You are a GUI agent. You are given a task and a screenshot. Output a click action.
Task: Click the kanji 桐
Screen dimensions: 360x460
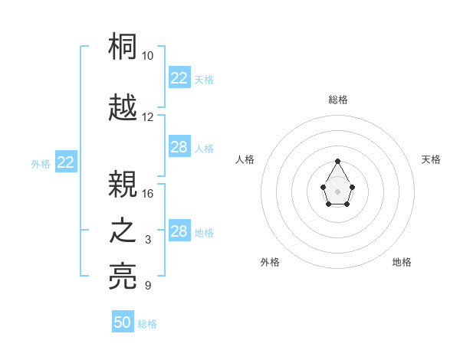tap(123, 47)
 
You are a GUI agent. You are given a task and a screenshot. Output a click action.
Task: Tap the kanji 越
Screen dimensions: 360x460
tap(123, 107)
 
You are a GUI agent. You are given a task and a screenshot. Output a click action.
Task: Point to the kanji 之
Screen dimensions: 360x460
tap(123, 231)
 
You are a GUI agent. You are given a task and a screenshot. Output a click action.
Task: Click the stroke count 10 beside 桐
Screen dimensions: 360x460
tap(148, 56)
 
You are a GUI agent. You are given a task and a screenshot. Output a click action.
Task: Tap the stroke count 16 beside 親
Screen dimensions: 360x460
tap(148, 193)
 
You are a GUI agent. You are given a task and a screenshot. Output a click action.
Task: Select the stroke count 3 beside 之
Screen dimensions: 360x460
tap(148, 240)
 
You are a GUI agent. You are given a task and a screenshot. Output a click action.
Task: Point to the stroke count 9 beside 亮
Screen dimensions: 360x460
tap(148, 286)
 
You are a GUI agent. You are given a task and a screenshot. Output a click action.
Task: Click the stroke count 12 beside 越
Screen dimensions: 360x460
tap(148, 117)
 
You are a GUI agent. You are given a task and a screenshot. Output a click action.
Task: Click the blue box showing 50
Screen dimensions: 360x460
tap(123, 322)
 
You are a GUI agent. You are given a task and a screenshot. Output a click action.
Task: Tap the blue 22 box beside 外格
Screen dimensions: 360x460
tap(66, 162)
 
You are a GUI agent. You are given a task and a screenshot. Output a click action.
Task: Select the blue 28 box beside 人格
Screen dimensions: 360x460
tap(179, 147)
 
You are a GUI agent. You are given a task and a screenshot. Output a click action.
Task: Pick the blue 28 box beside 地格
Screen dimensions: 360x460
tap(179, 231)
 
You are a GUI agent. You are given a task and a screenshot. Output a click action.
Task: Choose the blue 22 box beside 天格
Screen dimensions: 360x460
tap(179, 78)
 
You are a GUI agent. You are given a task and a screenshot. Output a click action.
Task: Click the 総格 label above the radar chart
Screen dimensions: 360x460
tap(338, 100)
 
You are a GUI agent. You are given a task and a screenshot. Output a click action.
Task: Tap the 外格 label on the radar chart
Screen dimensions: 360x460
tap(270, 262)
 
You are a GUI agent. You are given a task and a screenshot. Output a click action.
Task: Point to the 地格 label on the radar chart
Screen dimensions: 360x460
tap(402, 262)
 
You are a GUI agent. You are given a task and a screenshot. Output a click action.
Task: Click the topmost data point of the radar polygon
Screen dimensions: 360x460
tap(338, 161)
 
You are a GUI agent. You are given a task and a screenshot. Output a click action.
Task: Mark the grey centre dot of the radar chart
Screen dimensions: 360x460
tap(338, 190)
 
